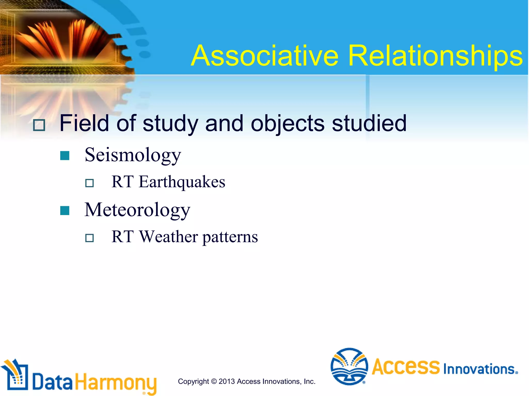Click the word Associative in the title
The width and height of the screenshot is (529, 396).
(x=265, y=56)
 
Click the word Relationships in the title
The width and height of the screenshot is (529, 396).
(x=435, y=56)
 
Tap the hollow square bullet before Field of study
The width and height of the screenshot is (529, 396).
(x=39, y=125)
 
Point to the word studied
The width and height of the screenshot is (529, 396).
(x=369, y=123)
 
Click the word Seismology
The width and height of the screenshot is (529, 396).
(x=133, y=155)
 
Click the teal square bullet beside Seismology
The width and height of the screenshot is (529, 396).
(x=65, y=156)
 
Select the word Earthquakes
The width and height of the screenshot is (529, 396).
(x=182, y=182)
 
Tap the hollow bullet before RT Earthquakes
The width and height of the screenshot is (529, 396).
(x=89, y=183)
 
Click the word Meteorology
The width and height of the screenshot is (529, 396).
(x=137, y=210)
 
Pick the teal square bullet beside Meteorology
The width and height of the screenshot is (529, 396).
(x=65, y=210)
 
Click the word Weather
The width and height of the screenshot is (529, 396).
(x=169, y=237)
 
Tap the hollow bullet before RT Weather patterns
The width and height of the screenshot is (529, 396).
(x=89, y=238)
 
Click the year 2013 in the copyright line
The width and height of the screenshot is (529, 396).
(x=227, y=381)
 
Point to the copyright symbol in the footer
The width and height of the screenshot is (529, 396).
(x=214, y=381)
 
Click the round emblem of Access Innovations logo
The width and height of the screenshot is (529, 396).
(x=349, y=367)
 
